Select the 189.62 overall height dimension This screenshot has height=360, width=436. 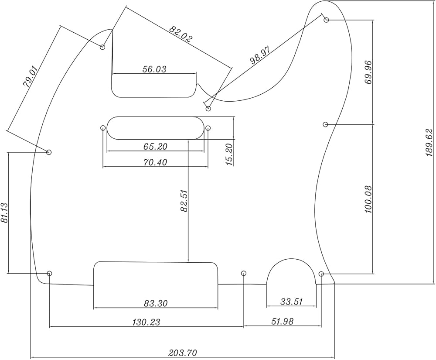pyautogui.click(x=429, y=143)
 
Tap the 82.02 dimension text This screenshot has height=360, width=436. pyautogui.click(x=181, y=34)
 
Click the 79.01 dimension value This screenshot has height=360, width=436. pyautogui.click(x=31, y=77)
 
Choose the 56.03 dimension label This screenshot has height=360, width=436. pyautogui.click(x=154, y=69)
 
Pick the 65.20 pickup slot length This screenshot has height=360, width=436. pyautogui.click(x=155, y=147)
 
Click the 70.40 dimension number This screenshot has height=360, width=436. pyautogui.click(x=155, y=162)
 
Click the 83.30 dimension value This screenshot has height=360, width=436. pyautogui.click(x=156, y=303)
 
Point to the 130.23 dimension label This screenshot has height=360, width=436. pyautogui.click(x=146, y=322)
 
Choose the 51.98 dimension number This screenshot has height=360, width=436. pyautogui.click(x=282, y=322)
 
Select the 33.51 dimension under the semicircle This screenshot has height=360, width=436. pyautogui.click(x=291, y=301)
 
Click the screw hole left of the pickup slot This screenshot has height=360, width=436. pyautogui.click(x=103, y=128)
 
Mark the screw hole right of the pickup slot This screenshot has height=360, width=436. pyautogui.click(x=208, y=128)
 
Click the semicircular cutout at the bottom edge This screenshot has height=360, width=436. pyautogui.click(x=291, y=273)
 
